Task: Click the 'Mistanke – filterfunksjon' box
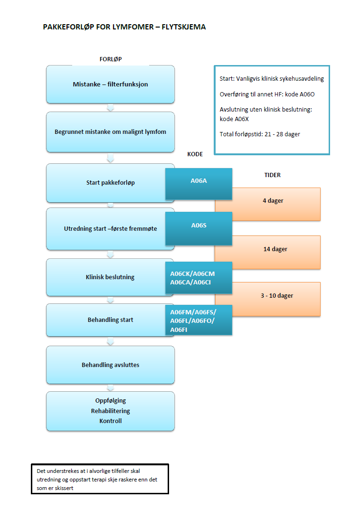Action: coord(110,85)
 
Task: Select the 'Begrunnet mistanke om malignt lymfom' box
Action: coord(110,132)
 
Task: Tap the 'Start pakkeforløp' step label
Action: coord(110,183)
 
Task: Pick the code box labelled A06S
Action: coord(199,226)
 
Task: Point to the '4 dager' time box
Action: coord(273,201)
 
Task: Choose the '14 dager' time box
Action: coord(275,249)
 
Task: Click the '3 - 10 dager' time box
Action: coord(276,296)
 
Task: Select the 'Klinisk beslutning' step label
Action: coord(110,277)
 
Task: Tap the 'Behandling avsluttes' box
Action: coord(110,365)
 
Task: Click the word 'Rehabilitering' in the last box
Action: coord(110,411)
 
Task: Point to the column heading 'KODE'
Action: coord(196,155)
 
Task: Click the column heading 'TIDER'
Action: coord(272,175)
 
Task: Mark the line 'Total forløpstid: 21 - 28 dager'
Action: coord(260,134)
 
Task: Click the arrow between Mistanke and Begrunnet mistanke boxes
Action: coord(110,108)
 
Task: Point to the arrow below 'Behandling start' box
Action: coord(110,341)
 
